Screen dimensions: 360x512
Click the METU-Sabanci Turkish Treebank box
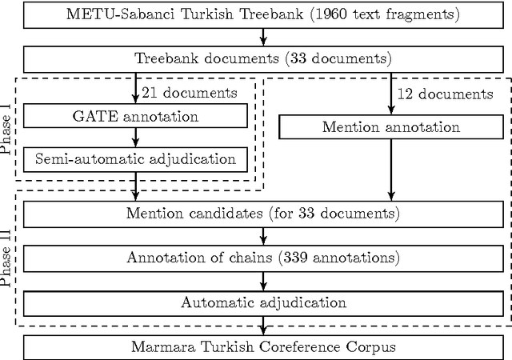pyautogui.click(x=263, y=14)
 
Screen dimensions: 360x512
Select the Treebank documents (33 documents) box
pyautogui.click(x=263, y=58)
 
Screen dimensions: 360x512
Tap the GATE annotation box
pyautogui.click(x=135, y=116)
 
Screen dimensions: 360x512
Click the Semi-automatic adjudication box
pyautogui.click(x=135, y=158)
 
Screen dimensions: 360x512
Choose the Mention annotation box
pyautogui.click(x=390, y=127)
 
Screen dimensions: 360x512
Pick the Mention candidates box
pyautogui.click(x=263, y=214)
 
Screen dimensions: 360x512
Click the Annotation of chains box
pyautogui.click(x=263, y=258)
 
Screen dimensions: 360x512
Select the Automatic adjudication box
pyautogui.click(x=263, y=302)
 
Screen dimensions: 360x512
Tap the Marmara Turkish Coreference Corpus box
pyautogui.click(x=263, y=346)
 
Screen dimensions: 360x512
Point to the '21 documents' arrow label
pyautogui.click(x=189, y=93)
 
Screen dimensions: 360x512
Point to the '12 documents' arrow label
pyautogui.click(x=445, y=94)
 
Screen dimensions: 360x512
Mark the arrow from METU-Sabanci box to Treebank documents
pyautogui.click(x=263, y=37)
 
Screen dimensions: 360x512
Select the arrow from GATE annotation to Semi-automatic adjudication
pyautogui.click(x=135, y=138)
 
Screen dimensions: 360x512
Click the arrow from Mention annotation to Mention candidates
pyautogui.click(x=390, y=168)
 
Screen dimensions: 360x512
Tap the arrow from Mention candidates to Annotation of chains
pyautogui.click(x=263, y=236)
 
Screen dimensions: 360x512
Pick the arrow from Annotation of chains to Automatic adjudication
pyautogui.click(x=263, y=280)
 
